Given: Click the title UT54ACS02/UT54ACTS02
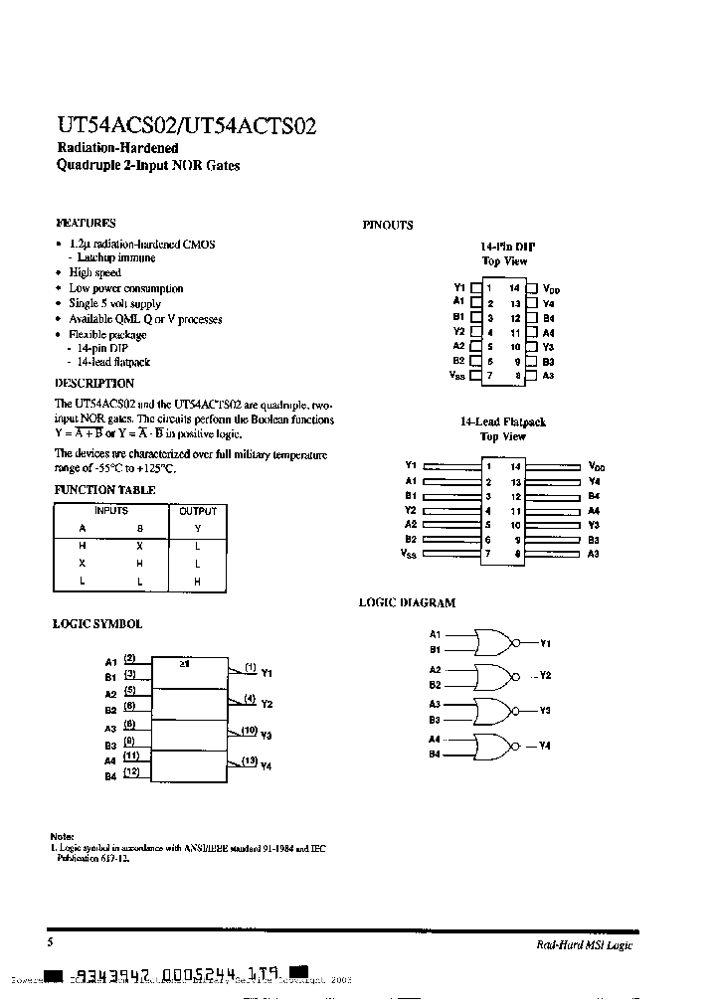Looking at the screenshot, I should click(186, 126).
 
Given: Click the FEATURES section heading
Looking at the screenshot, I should click(86, 224).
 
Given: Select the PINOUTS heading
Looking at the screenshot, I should click(388, 226).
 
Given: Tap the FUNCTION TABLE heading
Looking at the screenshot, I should click(103, 490).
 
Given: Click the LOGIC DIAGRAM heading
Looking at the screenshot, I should click(407, 602).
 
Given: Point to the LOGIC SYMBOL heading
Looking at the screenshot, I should click(96, 624).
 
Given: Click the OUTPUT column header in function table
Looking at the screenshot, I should click(197, 511).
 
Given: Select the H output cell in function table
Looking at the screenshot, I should click(197, 582).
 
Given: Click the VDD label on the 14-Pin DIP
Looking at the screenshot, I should click(552, 289).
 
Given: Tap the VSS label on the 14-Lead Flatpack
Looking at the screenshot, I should click(409, 554).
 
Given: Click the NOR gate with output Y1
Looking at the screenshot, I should click(494, 642).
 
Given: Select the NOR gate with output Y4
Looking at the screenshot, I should click(494, 746).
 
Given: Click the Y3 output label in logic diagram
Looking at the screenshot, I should click(545, 711).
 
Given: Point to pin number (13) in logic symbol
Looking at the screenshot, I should click(250, 760).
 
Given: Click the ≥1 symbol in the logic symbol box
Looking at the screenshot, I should click(186, 661).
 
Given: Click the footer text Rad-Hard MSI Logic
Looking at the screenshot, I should click(577, 945).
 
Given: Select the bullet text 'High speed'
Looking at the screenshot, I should click(95, 272).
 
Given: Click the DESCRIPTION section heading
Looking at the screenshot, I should click(93, 383).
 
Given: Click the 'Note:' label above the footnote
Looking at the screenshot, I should click(62, 836).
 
